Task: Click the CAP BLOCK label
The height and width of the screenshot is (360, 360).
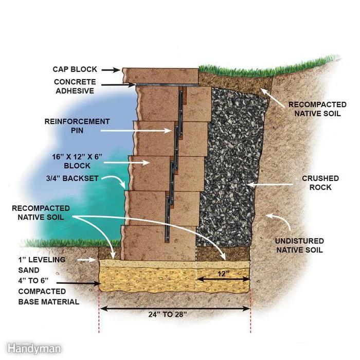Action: coord(75,69)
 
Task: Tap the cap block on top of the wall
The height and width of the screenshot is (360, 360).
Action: coord(160,76)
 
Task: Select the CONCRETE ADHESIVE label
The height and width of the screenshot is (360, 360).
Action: coord(75,86)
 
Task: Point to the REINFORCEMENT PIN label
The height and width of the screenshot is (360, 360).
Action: coord(77,126)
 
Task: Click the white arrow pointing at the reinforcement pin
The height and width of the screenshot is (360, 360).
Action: coord(136,131)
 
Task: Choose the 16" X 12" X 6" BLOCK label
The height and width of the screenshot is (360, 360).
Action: coord(77,161)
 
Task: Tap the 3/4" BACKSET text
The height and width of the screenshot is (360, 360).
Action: coord(73,178)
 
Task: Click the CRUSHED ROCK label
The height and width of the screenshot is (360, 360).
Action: coord(320,183)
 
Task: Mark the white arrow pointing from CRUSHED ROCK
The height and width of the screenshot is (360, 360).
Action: coord(271,184)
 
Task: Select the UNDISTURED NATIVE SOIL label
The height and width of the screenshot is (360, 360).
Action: coord(299,245)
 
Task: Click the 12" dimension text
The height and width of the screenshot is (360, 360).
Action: coord(223,274)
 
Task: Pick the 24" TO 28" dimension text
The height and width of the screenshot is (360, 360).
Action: coord(167,314)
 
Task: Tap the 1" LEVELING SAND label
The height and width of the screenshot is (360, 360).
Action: coord(42,265)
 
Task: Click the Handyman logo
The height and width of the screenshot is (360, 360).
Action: coord(34,349)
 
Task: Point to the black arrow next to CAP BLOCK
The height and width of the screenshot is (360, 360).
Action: coord(111,70)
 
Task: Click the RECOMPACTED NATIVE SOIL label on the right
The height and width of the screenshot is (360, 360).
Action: coord(317,109)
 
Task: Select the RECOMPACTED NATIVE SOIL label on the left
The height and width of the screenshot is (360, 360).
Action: coord(41,212)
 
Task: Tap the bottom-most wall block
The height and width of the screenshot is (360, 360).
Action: coord(158,243)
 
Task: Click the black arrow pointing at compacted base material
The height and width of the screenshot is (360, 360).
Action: coord(79,283)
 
